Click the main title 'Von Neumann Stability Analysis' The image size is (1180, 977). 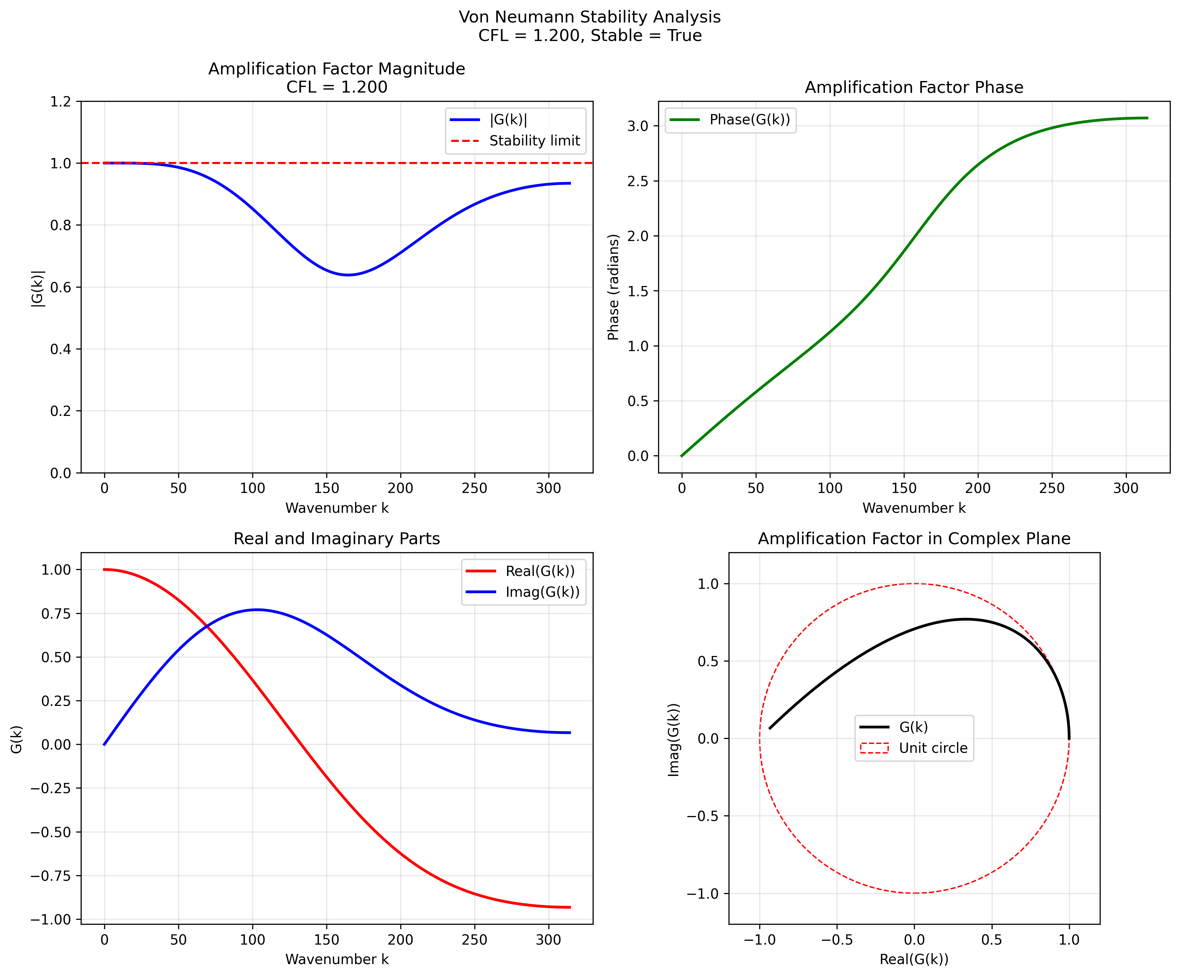point(589,17)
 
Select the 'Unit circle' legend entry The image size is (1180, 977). point(933,748)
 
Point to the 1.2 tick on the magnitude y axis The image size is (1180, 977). point(61,102)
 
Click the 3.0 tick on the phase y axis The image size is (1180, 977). point(638,126)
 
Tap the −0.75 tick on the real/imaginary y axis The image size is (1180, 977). point(51,876)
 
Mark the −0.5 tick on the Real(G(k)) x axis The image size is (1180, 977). point(837,940)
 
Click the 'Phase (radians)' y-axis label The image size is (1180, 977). point(613,287)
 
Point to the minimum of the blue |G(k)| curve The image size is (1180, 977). point(348,275)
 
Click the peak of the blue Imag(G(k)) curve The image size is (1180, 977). point(257,609)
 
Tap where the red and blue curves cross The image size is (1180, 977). point(207,626)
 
